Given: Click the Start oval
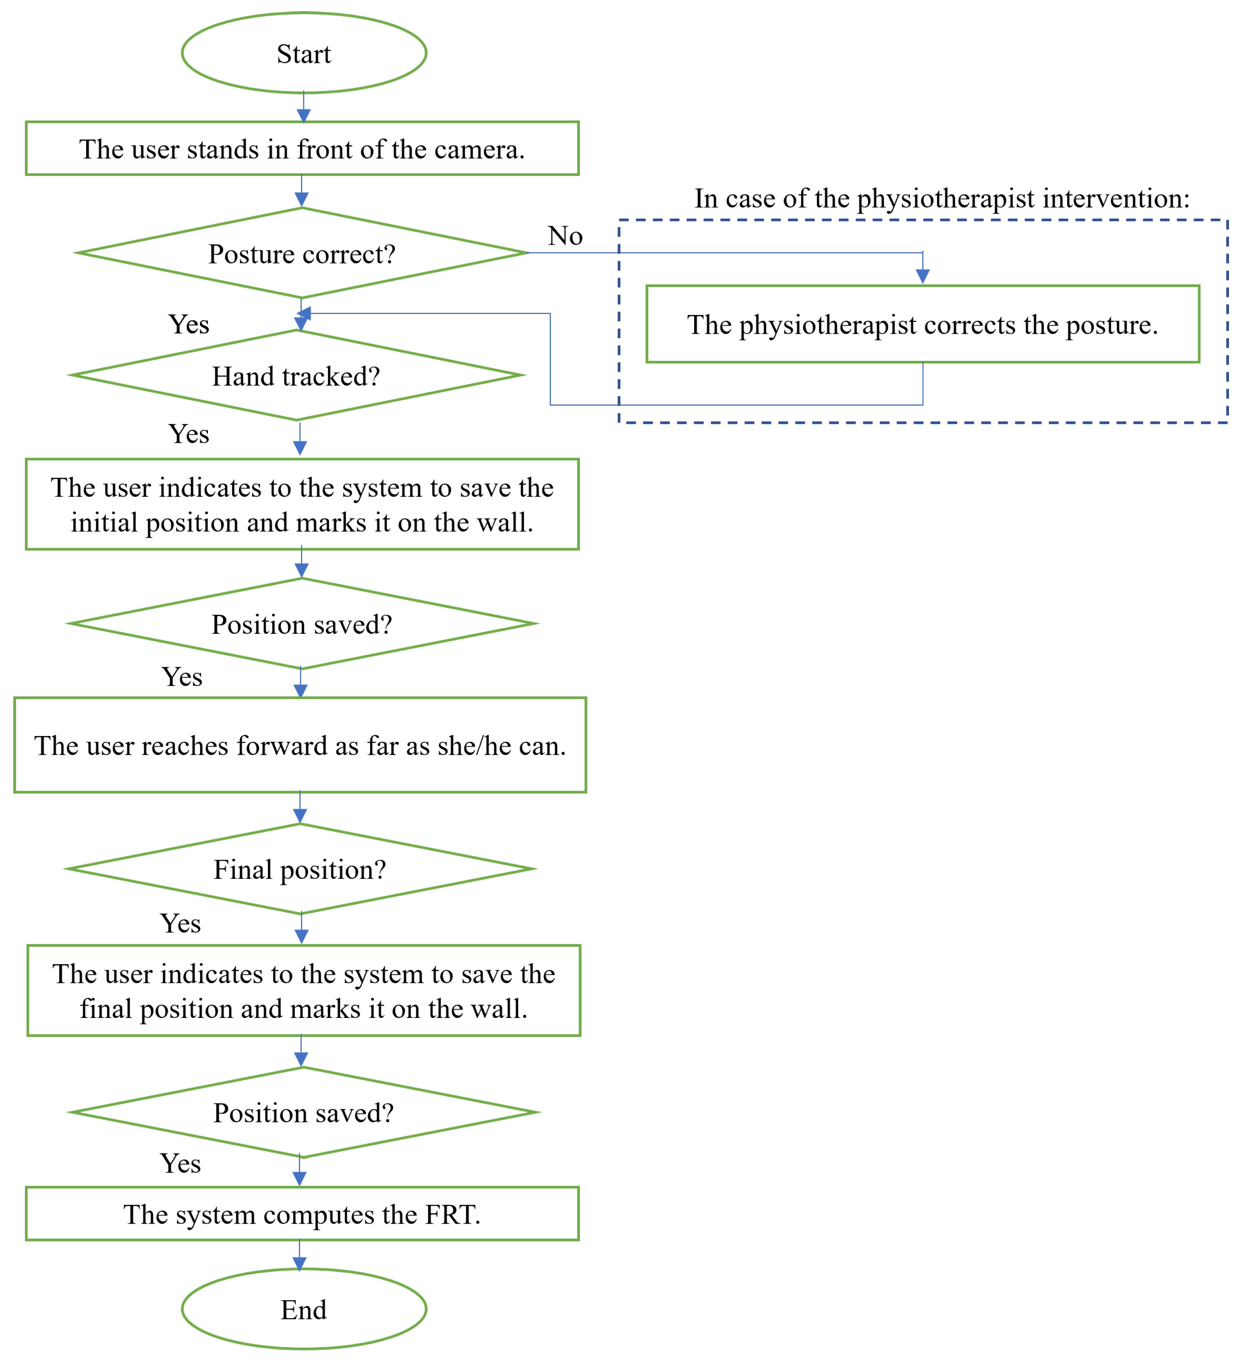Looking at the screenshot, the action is (304, 53).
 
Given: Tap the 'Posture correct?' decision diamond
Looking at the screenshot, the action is (302, 253).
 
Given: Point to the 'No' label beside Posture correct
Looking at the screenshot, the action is (565, 236).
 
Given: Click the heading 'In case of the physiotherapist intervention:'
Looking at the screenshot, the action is (942, 198).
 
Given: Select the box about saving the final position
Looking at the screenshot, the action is (304, 991).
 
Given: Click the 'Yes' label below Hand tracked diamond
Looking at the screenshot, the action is (189, 434).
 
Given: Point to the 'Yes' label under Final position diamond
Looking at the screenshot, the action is (180, 923).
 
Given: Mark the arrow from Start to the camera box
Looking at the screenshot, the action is (304, 107).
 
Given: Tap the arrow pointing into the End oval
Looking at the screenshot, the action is (300, 1256).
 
